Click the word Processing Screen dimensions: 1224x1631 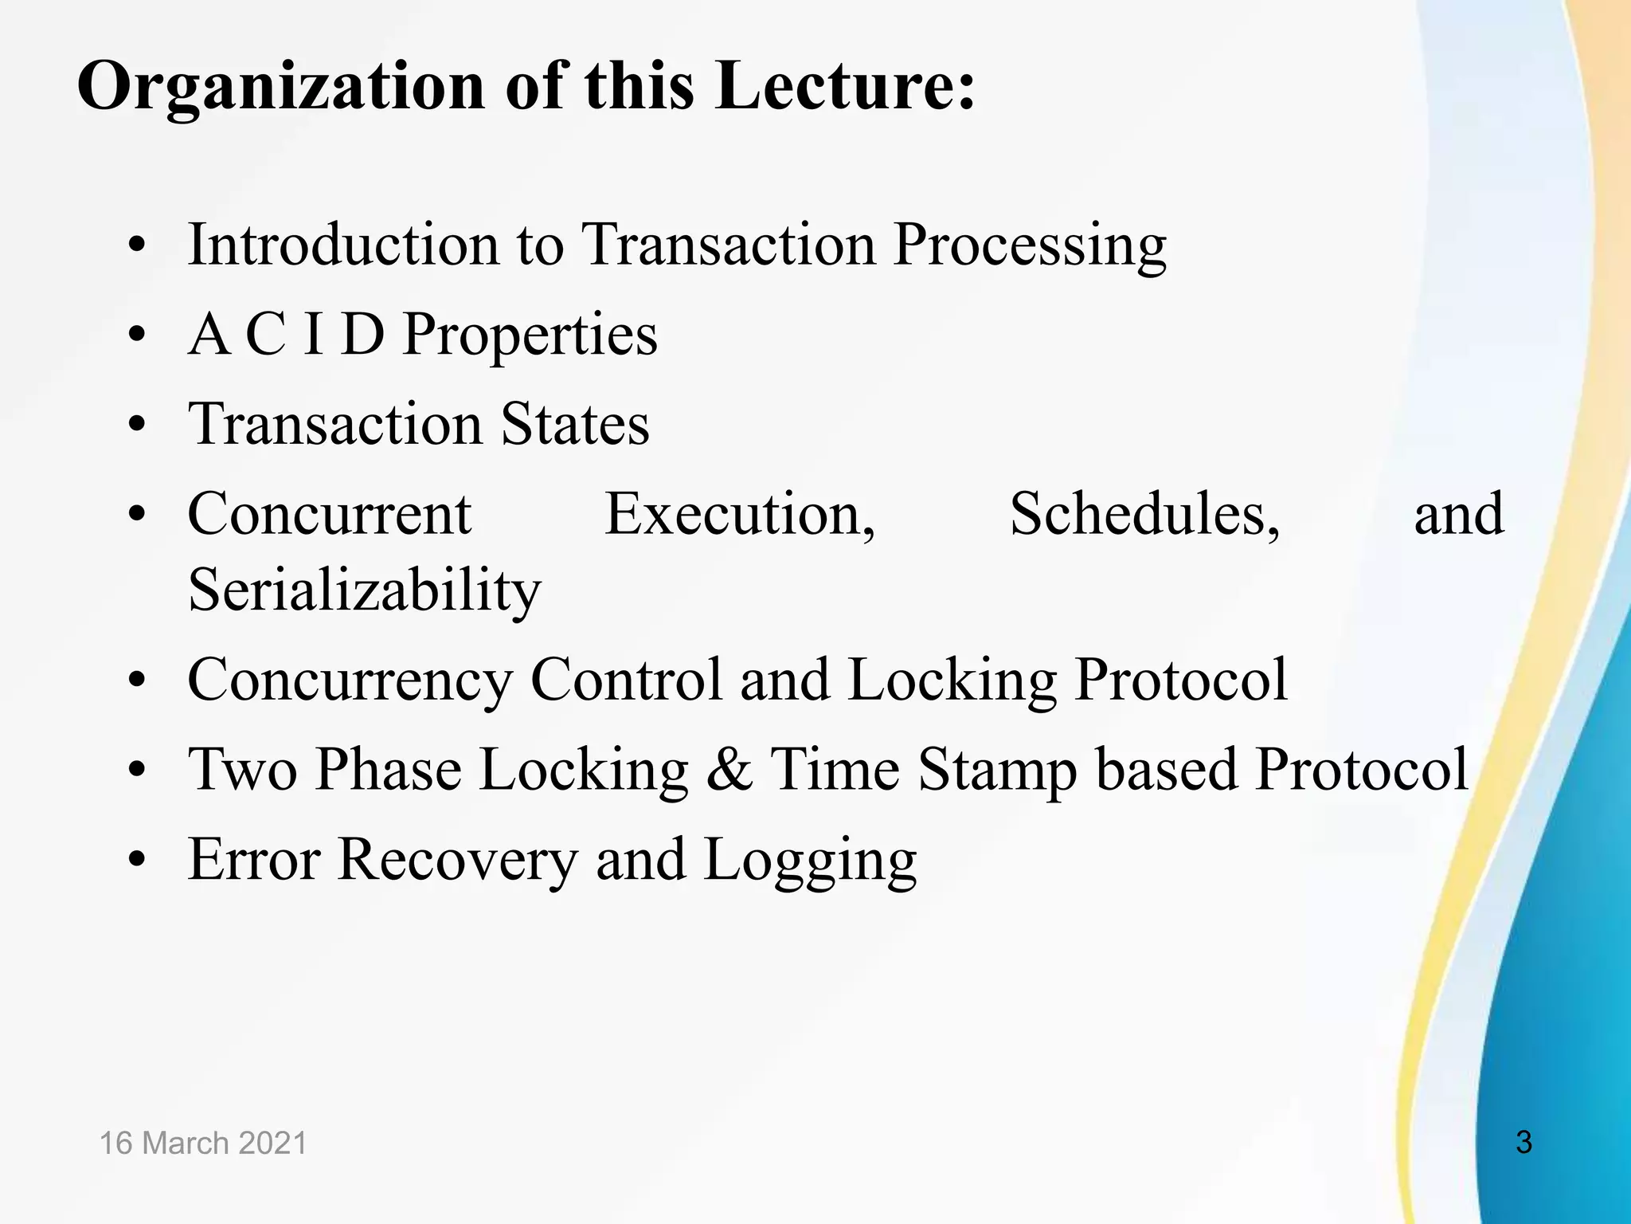(x=1029, y=245)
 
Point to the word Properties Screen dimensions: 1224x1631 (x=530, y=335)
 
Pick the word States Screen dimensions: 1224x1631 (x=574, y=424)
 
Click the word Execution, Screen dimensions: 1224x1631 (x=740, y=514)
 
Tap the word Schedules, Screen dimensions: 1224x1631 (x=1144, y=514)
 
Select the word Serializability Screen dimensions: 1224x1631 (x=364, y=591)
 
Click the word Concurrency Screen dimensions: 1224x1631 (x=350, y=681)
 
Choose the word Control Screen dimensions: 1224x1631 (x=626, y=680)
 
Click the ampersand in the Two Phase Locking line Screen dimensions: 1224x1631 (x=729, y=770)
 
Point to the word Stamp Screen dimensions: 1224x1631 (x=996, y=771)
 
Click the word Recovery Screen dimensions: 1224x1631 (x=457, y=861)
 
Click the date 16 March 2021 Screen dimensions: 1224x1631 (x=203, y=1143)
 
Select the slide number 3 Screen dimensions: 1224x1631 (x=1523, y=1142)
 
